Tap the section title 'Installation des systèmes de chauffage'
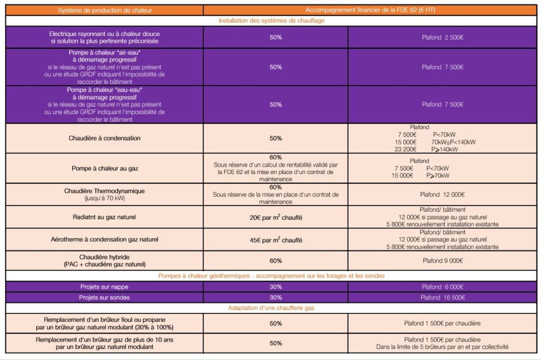pos(271,21)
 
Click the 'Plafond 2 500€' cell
pos(442,38)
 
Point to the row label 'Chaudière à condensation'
pos(105,139)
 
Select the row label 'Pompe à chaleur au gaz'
pos(105,168)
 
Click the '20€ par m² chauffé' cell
pos(276,217)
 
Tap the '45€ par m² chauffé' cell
pos(276,239)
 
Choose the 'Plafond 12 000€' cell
pos(442,195)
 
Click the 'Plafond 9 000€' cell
pos(442,261)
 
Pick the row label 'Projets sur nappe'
pos(105,287)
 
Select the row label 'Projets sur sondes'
pos(105,298)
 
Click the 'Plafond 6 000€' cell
pos(442,287)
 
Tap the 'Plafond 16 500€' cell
pos(442,298)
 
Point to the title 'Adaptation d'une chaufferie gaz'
pos(271,308)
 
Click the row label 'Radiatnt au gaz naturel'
pos(105,217)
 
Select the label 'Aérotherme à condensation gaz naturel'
pos(105,239)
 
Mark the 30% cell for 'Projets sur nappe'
pos(276,287)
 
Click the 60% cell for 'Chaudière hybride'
pos(276,261)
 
